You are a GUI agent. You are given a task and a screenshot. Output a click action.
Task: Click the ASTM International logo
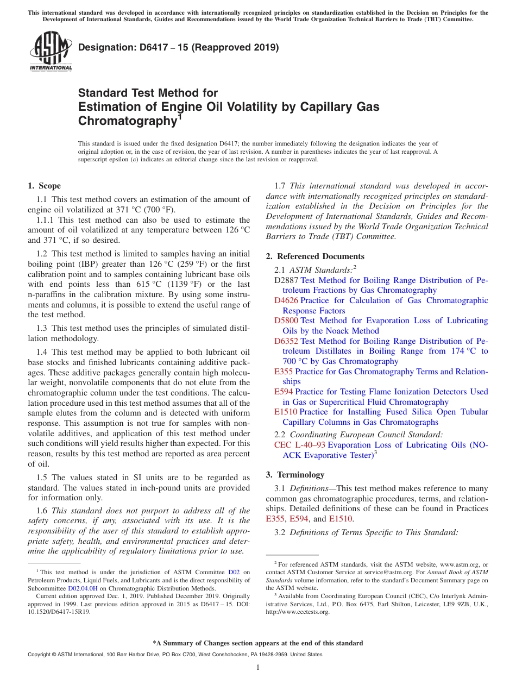[51, 51]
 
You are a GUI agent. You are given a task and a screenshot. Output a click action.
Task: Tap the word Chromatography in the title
[125, 121]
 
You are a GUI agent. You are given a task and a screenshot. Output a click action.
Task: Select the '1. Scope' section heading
[44, 186]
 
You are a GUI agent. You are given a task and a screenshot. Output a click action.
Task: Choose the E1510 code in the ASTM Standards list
[286, 412]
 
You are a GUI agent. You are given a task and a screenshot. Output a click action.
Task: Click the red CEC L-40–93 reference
[300, 445]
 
